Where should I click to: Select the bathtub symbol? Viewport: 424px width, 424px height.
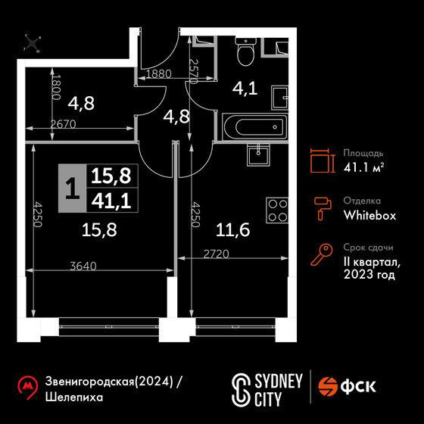(254, 127)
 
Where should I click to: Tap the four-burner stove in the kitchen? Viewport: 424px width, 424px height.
(277, 210)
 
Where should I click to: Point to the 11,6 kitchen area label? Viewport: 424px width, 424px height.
(233, 230)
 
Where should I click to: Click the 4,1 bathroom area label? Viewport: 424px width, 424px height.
(245, 89)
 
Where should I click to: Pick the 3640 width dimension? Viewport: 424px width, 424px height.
(83, 267)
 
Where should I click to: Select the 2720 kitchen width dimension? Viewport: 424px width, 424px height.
(217, 254)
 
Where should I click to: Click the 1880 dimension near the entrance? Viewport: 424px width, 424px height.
(159, 74)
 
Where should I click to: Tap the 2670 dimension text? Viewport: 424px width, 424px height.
(64, 124)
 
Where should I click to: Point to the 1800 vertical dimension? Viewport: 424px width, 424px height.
(56, 87)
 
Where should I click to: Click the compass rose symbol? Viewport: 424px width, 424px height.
(32, 43)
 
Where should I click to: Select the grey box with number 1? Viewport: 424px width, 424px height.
(72, 189)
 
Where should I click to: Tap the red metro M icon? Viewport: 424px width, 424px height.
(27, 387)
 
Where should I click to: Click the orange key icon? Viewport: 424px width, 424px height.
(322, 254)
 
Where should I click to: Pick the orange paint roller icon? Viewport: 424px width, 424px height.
(323, 208)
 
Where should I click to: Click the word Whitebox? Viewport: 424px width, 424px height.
(369, 215)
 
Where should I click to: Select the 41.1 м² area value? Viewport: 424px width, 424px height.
(363, 167)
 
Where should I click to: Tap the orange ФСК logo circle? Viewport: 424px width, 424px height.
(328, 386)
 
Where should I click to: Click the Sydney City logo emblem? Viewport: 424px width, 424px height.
(241, 390)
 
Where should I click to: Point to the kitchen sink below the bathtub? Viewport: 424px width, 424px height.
(258, 154)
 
